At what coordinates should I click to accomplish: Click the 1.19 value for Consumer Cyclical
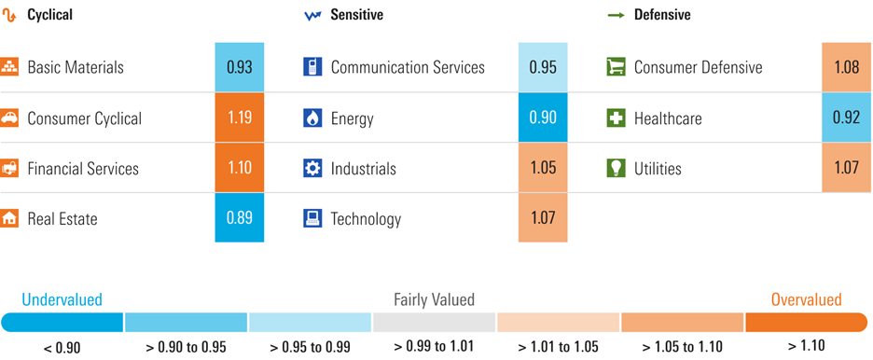click(x=239, y=118)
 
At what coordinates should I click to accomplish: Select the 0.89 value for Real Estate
click(x=239, y=218)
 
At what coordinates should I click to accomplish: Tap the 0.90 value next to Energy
click(x=542, y=118)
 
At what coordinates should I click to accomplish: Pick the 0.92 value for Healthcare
click(x=846, y=118)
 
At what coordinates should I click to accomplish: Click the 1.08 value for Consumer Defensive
click(x=846, y=67)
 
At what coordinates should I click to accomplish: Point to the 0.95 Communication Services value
click(x=542, y=67)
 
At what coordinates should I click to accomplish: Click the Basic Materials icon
click(x=9, y=67)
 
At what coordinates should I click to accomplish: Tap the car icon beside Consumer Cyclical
click(x=9, y=118)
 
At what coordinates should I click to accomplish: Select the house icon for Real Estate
click(x=9, y=218)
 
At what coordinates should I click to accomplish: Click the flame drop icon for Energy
click(x=312, y=118)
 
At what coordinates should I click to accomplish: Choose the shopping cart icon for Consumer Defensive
click(x=616, y=67)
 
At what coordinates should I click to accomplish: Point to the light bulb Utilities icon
click(x=616, y=168)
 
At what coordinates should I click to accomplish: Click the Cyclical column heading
click(x=49, y=15)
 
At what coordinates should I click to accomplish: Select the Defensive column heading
click(x=662, y=15)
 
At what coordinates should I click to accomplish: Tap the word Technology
click(x=366, y=219)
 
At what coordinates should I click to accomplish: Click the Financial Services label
click(x=83, y=169)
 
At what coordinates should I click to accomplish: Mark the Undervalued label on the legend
click(x=62, y=299)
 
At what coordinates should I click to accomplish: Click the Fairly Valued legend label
click(x=434, y=299)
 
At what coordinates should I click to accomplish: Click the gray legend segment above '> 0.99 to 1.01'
click(x=434, y=322)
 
